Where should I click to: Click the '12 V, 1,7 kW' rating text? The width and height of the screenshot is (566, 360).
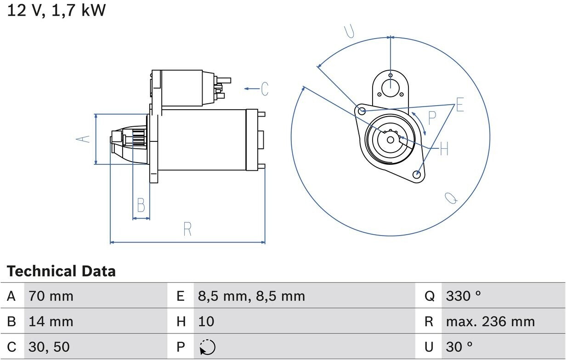[57, 11]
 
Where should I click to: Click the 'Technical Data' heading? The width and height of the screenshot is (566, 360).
[61, 271]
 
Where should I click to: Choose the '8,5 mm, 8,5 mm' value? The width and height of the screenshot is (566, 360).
[251, 296]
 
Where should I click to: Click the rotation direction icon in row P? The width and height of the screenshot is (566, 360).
[208, 347]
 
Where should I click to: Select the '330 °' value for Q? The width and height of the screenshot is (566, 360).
[464, 296]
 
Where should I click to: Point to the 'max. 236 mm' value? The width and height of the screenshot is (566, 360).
[491, 321]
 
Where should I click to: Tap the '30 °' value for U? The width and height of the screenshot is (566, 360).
[459, 347]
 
